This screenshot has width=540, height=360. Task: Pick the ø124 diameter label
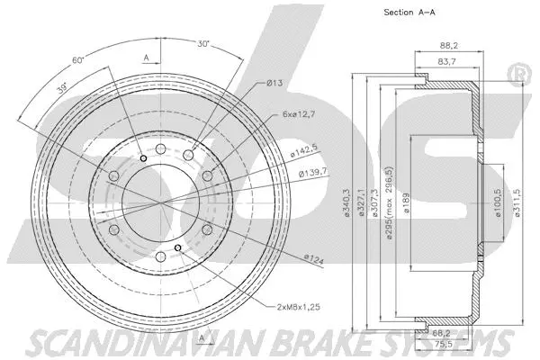[x=314, y=257]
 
